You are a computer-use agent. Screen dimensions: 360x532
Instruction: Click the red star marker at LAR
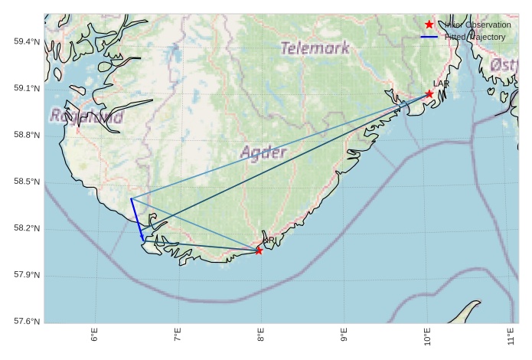point(429,94)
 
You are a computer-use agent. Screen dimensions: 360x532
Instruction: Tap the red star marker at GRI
point(259,250)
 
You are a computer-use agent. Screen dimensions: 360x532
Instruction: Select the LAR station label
point(441,83)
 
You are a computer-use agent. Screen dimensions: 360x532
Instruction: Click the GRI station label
point(269,241)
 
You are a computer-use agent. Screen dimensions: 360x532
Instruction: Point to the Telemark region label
point(315,48)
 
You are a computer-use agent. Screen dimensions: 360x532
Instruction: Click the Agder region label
point(263,152)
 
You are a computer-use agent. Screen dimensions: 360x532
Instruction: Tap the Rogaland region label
point(86,117)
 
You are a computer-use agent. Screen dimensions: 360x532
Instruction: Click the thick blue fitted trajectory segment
point(137,219)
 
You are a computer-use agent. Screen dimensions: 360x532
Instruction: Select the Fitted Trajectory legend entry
point(475,37)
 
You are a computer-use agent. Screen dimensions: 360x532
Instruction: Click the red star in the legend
point(429,25)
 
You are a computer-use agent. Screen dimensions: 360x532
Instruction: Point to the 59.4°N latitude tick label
point(27,41)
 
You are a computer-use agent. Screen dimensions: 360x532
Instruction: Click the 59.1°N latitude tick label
point(27,89)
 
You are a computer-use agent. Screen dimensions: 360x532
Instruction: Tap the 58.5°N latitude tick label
point(27,182)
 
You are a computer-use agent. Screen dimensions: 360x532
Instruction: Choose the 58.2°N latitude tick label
point(27,229)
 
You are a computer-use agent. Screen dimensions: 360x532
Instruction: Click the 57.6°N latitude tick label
point(27,322)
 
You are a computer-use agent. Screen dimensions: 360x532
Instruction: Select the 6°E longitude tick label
point(95,335)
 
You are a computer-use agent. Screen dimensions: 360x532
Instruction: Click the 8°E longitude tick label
point(261,335)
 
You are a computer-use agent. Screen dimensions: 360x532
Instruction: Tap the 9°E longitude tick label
point(344,335)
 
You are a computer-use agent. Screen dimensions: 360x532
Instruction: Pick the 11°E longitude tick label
point(511,335)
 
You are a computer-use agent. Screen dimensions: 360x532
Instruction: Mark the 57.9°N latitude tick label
point(27,276)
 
